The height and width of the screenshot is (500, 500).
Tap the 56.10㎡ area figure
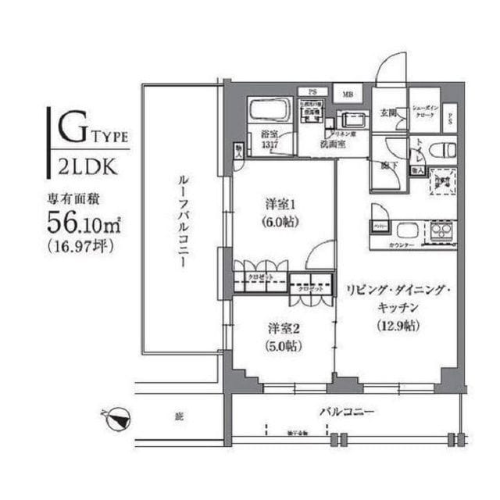click(82, 223)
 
